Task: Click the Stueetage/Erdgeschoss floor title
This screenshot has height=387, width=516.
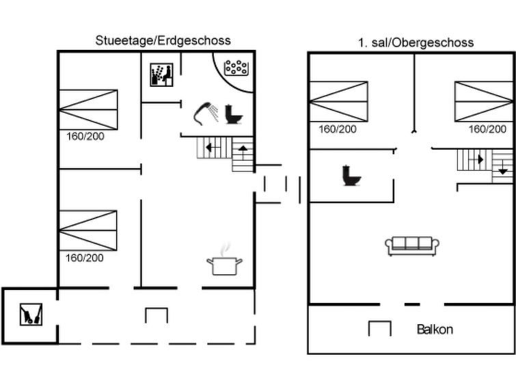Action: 163,40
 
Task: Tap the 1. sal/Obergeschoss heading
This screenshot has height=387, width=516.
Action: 416,43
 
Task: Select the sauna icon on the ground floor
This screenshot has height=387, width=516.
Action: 161,75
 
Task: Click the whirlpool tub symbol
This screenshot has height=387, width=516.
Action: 236,67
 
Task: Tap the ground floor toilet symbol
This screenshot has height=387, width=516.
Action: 234,114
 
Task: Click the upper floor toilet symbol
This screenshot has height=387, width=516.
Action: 351,175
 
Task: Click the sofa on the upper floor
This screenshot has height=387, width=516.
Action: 412,246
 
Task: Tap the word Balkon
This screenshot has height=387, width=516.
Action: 435,330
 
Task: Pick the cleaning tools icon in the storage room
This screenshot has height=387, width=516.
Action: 31,315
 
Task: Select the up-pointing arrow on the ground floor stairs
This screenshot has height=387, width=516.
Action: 243,152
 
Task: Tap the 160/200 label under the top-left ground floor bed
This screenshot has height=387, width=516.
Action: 85,136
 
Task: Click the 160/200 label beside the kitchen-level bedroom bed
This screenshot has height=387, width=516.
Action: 85,258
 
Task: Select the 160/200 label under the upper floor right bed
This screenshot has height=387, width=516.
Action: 487,129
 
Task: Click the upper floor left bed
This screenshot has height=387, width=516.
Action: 338,101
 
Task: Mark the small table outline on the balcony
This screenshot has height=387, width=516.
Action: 380,328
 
